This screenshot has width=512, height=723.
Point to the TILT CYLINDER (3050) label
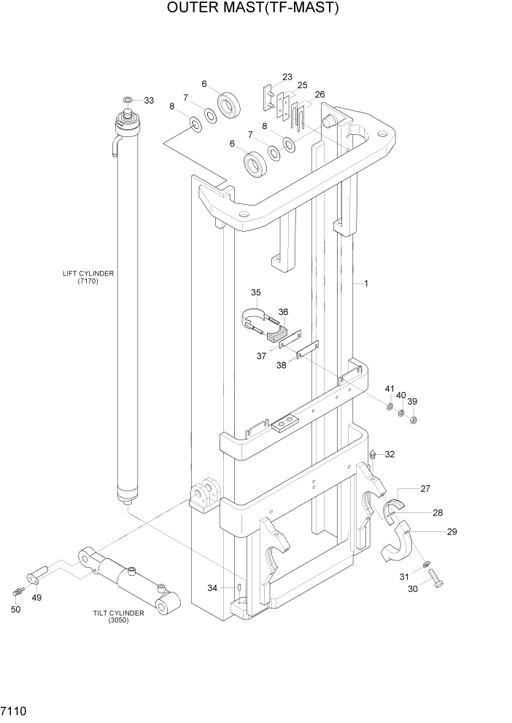click(x=119, y=616)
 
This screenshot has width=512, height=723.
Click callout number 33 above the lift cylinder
click(x=149, y=100)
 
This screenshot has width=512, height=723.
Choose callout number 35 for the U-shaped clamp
click(x=255, y=293)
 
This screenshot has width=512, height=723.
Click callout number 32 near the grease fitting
click(x=389, y=454)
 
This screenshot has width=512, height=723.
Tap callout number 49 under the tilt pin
click(x=36, y=598)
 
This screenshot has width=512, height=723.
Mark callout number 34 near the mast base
click(x=212, y=588)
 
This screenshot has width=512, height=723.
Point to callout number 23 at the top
click(x=287, y=77)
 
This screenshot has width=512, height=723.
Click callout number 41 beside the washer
click(x=389, y=388)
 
